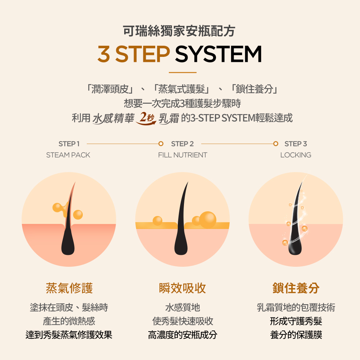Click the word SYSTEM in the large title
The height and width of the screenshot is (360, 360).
(x=219, y=54)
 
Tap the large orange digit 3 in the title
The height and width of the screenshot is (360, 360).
(x=104, y=54)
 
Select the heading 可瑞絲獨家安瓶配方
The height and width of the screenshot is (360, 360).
(x=179, y=31)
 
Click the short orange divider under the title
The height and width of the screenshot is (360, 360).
(x=183, y=73)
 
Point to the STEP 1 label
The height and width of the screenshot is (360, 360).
(x=69, y=144)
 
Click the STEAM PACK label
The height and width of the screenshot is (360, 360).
(x=68, y=155)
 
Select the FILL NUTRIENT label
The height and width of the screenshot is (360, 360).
(x=183, y=155)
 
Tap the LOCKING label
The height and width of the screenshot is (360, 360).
(x=296, y=155)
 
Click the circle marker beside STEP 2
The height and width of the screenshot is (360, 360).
(x=161, y=144)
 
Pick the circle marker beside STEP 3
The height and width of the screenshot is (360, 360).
(x=276, y=144)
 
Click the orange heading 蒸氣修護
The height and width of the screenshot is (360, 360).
(x=69, y=288)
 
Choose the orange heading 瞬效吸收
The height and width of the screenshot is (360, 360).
(x=183, y=288)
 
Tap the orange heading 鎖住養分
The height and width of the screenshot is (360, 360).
(x=296, y=288)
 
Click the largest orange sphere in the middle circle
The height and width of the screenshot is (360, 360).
(x=208, y=220)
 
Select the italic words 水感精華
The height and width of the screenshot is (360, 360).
(x=113, y=118)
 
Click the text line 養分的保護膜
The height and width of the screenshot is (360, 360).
(x=296, y=335)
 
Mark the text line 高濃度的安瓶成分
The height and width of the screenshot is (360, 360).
(x=183, y=335)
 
